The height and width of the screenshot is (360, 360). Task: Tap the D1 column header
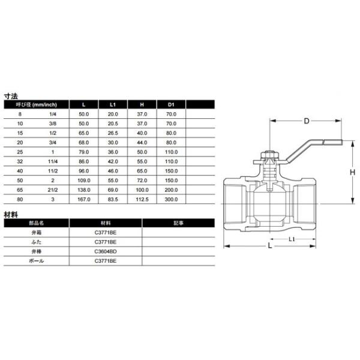click(x=170, y=104)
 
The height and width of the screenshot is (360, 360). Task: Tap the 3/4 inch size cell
click(x=54, y=142)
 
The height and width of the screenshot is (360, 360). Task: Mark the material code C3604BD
click(x=105, y=252)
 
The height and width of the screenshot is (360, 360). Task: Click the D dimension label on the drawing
click(x=306, y=121)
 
